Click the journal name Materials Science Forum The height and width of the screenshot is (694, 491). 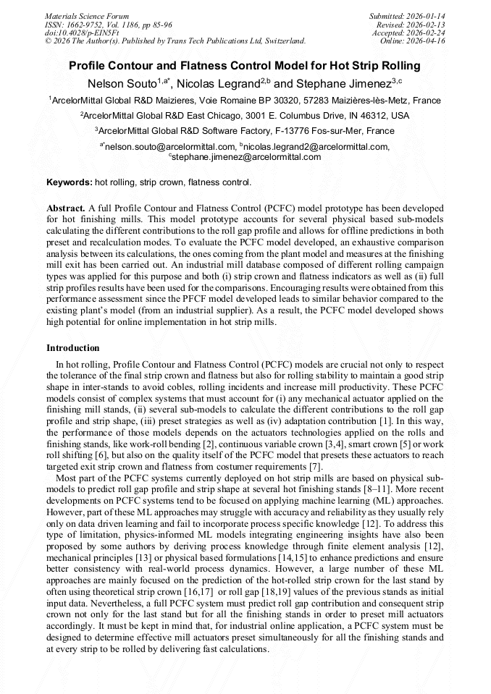coord(87,16)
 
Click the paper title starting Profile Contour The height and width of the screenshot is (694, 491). coord(245,66)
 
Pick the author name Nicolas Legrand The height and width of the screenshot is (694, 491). coord(215,83)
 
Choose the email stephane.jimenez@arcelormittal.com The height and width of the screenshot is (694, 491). coord(246,156)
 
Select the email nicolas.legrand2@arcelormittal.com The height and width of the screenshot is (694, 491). coord(316,146)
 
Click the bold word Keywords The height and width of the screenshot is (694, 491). coord(69,182)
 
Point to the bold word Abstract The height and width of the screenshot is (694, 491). coord(66,207)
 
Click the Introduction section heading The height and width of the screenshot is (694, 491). coord(73,348)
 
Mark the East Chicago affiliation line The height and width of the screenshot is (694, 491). coord(245,116)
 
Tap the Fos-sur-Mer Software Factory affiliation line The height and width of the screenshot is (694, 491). coord(245,131)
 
